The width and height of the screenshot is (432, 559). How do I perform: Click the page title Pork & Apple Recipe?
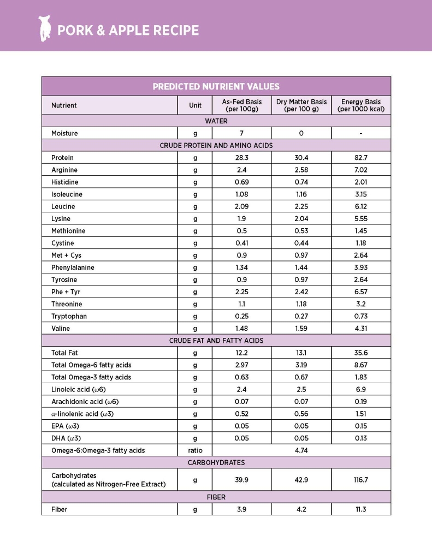point(128,30)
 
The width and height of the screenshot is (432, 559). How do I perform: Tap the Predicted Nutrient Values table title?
point(216,86)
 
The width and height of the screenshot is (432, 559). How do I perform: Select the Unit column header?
point(195,105)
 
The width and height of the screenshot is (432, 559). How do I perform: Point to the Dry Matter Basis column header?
point(301,105)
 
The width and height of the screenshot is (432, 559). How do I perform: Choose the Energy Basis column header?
point(361,105)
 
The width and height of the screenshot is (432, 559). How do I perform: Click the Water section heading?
point(216,121)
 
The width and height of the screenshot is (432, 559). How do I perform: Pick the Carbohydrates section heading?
point(216,462)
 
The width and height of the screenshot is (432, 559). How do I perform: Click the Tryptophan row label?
point(69,317)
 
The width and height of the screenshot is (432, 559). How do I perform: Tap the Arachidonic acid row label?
point(85,402)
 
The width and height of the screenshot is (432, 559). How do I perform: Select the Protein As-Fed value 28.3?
point(241,158)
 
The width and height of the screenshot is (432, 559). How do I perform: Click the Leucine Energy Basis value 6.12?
point(361,206)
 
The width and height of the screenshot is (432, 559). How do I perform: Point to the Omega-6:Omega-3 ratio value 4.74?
point(301,450)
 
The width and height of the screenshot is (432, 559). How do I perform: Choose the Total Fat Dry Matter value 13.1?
point(301,353)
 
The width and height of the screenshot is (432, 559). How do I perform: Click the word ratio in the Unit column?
point(195,450)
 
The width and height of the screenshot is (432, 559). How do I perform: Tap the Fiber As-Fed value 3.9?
point(241,509)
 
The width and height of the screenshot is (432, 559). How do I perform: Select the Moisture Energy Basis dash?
point(361,133)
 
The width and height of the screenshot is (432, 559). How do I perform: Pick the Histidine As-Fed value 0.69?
point(241,182)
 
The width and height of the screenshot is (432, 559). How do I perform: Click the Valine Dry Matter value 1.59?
point(301,329)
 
